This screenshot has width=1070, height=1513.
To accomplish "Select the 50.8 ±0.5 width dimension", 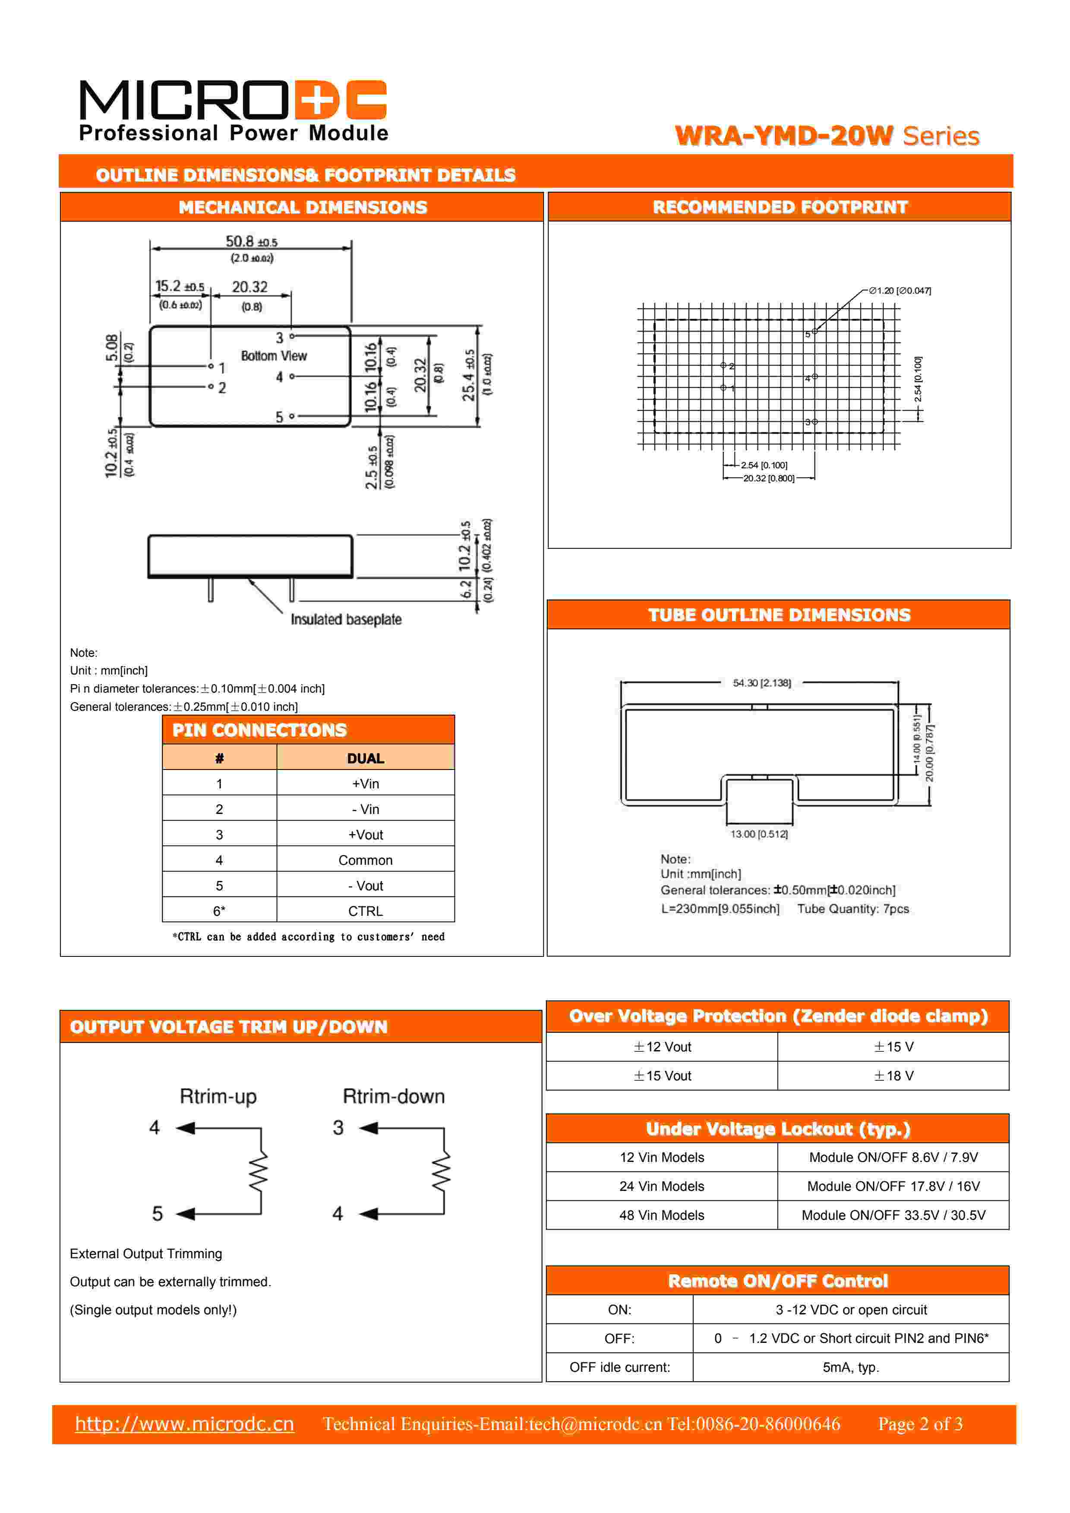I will [x=251, y=242].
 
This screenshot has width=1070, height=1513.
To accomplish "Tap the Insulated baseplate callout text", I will [x=346, y=620].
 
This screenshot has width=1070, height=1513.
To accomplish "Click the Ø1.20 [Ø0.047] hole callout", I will [x=900, y=291].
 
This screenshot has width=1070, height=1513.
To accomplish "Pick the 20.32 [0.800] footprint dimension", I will [x=768, y=478].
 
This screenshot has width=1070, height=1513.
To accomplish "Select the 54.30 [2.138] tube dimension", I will [x=762, y=683].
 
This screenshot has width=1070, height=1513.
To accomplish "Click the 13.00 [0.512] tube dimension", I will [x=759, y=834].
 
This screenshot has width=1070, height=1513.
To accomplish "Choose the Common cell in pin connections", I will [x=365, y=860].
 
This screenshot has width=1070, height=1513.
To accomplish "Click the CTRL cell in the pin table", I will [x=365, y=911].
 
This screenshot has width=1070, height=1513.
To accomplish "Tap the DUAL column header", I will [x=365, y=759].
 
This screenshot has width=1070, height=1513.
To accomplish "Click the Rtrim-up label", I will [x=218, y=1096].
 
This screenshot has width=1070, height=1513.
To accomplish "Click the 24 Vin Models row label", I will [x=662, y=1186].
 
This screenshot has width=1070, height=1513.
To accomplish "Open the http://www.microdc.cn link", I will [x=184, y=1424].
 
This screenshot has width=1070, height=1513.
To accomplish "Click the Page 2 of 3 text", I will [x=920, y=1424].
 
